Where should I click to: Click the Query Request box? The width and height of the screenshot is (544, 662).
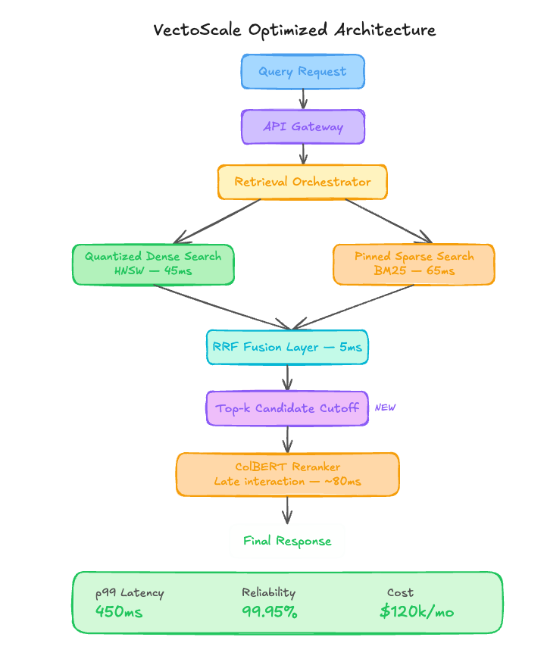[303, 71]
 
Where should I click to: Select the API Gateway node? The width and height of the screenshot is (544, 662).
[303, 126]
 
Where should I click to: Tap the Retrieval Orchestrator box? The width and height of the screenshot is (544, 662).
[302, 182]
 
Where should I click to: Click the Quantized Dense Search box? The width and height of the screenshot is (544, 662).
[153, 264]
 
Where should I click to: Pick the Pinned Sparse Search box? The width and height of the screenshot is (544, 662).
[414, 264]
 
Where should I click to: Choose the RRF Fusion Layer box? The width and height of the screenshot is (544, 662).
[287, 347]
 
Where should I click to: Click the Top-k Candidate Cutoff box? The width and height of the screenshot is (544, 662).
[287, 408]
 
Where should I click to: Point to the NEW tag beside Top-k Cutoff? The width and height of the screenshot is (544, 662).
[385, 408]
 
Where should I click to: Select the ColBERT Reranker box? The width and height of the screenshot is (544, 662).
[288, 474]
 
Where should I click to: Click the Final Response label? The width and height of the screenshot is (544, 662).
[287, 541]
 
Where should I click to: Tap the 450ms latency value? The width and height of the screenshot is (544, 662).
[119, 611]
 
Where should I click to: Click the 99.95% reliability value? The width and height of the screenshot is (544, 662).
[270, 611]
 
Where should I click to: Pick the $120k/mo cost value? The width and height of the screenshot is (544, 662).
[417, 611]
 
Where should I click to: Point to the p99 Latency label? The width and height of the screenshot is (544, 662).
[130, 593]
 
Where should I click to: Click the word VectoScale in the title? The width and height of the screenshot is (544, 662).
[197, 30]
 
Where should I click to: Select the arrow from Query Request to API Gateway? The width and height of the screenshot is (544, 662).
[303, 98]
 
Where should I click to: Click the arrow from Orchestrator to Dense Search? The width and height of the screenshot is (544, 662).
[217, 221]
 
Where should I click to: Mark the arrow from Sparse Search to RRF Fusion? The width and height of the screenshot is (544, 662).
[353, 307]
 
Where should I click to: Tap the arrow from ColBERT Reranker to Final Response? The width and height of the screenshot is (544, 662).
[288, 510]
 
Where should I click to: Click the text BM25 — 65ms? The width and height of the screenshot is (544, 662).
[414, 270]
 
